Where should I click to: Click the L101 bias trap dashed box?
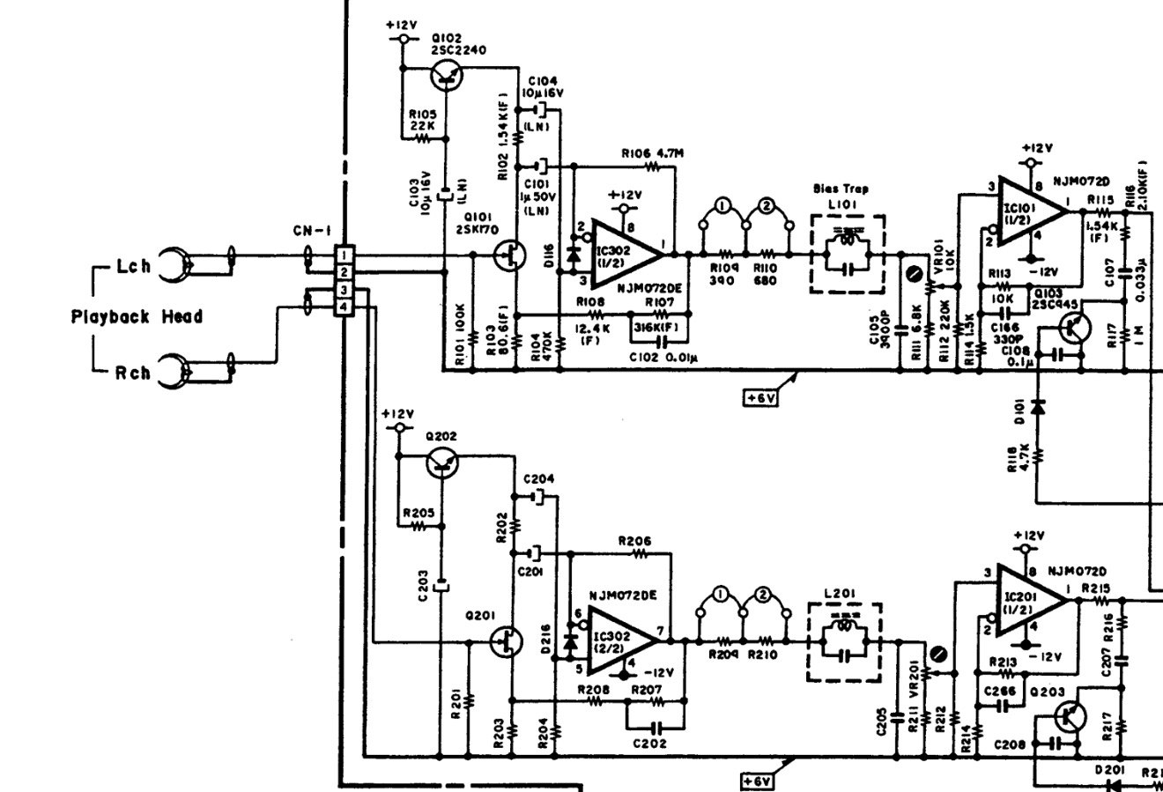click(848, 254)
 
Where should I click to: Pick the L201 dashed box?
click(845, 641)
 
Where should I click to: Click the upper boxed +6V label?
click(759, 398)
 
